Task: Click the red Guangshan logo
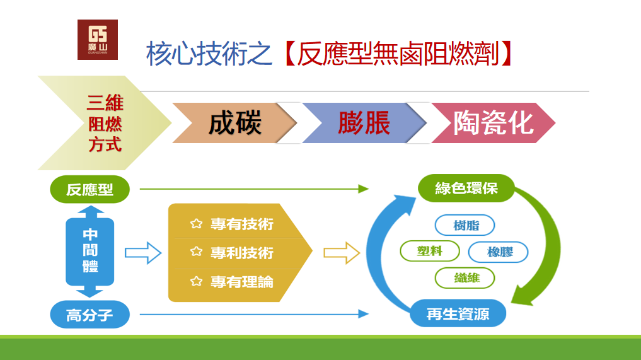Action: [x=97, y=40]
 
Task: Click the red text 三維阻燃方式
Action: [x=105, y=123]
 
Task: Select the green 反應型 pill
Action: [x=90, y=189]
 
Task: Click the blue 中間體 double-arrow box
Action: [x=90, y=251]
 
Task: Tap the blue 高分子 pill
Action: [x=90, y=314]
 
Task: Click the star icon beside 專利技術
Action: [x=197, y=253]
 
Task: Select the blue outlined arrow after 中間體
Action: [x=143, y=253]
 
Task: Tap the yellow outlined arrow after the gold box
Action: [x=342, y=253]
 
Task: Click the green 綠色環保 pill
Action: [x=466, y=188]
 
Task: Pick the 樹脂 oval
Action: [x=465, y=225]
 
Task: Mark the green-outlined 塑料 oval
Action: [x=430, y=251]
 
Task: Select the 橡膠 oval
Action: [x=499, y=252]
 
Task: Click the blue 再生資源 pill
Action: [x=458, y=313]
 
